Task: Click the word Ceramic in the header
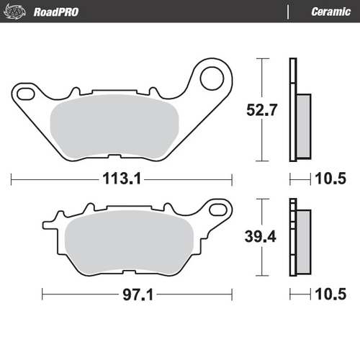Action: [x=330, y=12]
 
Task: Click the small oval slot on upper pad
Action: [x=27, y=92]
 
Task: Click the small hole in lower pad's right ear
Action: [x=215, y=210]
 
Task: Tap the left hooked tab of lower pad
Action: [x=51, y=217]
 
